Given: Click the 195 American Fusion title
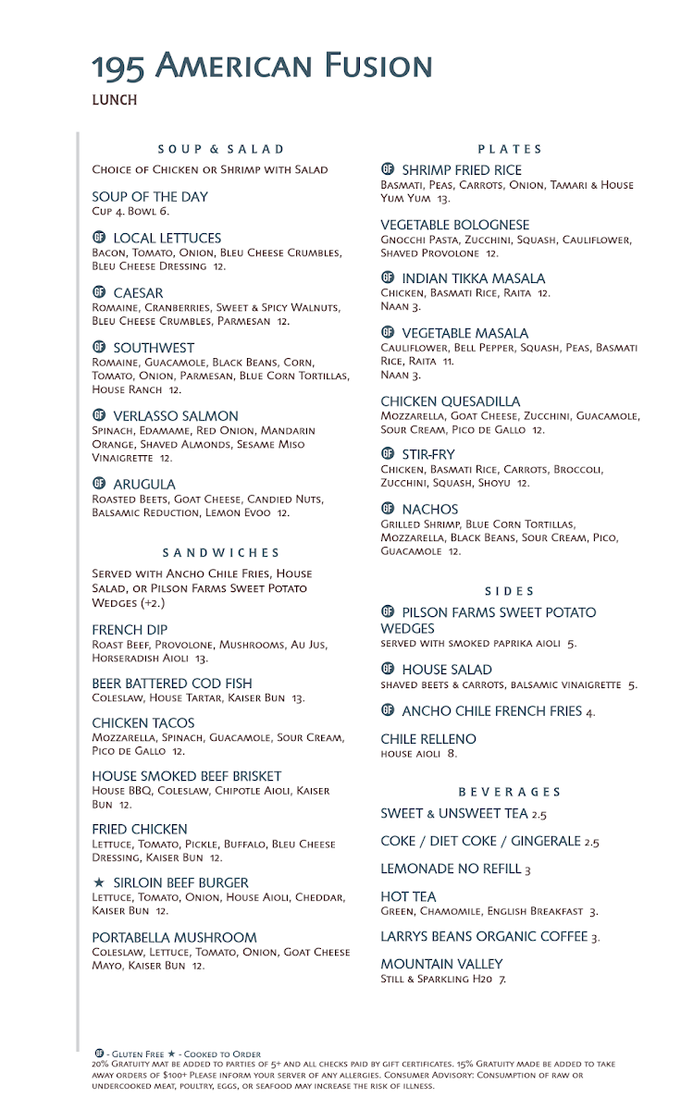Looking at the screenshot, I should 262,66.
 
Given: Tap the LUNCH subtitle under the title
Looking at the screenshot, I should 115,100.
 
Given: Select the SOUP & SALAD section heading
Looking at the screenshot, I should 221,149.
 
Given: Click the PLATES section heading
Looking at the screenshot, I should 510,149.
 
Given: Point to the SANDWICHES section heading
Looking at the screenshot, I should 221,553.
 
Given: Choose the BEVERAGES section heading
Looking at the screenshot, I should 510,792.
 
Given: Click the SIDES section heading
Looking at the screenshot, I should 510,591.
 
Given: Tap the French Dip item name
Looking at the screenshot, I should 130,630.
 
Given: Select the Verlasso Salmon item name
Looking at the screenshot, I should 176,416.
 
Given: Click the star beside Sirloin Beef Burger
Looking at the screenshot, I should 99,883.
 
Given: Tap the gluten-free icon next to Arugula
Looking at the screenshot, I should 99,484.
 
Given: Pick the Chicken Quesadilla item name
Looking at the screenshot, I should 450,401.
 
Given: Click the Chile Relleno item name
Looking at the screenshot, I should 428,739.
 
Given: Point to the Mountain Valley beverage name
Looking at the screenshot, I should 441,964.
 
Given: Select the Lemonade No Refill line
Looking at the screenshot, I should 455,869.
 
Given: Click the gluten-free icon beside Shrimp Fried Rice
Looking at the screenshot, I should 388,169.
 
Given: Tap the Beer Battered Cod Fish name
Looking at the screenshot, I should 172,684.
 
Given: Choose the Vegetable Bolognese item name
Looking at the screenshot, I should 455,225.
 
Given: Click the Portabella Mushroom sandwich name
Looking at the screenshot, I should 174,937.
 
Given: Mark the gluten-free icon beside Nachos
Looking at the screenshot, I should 388,509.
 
